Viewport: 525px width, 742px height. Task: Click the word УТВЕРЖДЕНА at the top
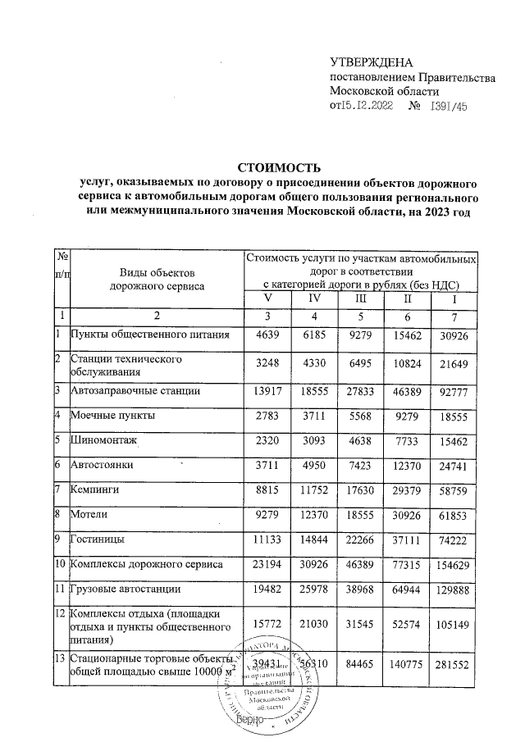371,63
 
